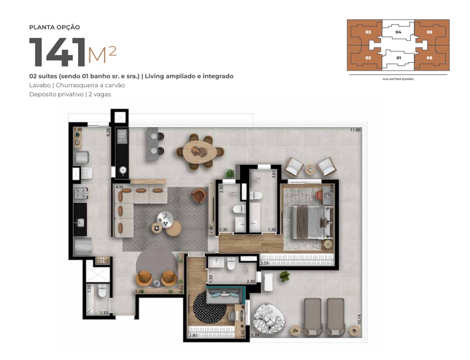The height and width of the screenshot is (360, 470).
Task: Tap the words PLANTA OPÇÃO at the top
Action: coord(55,27)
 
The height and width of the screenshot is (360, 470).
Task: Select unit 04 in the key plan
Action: coord(398,32)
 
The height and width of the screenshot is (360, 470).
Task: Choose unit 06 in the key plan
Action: coord(429,57)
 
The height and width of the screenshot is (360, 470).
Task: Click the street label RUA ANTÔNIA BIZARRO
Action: coord(398,79)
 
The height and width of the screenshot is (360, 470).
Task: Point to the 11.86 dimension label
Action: coord(355,130)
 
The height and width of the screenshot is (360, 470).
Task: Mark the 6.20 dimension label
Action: coord(108,132)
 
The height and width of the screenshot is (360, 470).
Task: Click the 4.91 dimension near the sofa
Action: coord(120,187)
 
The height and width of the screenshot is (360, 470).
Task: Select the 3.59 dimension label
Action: coord(264,263)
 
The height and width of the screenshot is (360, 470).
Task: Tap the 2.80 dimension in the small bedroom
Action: coord(193,336)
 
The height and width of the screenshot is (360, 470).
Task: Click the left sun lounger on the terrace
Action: coord(313,317)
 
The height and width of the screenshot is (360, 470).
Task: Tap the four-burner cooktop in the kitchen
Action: coord(80,193)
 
